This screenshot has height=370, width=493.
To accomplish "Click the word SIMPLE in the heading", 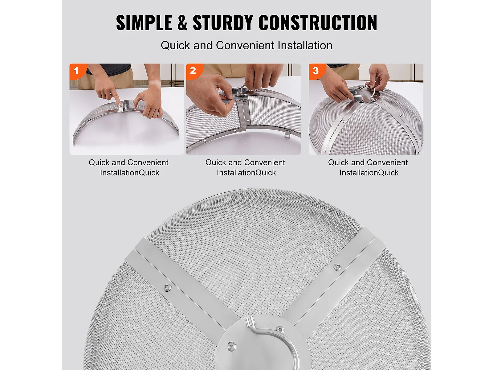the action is pyautogui.click(x=144, y=23).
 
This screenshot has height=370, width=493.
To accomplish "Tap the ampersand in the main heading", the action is pyautogui.click(x=182, y=23).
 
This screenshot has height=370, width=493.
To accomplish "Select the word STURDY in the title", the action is pyautogui.click(x=223, y=23).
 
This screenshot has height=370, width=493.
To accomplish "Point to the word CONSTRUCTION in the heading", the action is pyautogui.click(x=318, y=23).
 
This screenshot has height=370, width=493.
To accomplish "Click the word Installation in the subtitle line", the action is pyautogui.click(x=305, y=45).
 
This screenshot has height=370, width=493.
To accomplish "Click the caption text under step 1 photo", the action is pyautogui.click(x=129, y=167).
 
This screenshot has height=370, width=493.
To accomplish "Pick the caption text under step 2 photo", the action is pyautogui.click(x=245, y=167).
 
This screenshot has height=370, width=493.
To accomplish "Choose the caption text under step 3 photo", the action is pyautogui.click(x=368, y=167).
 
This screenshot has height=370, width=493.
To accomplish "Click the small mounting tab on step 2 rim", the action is pyautogui.click(x=287, y=134).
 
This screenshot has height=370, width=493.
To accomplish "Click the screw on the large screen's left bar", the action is pyautogui.click(x=167, y=287).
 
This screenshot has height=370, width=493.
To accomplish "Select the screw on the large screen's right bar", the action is pyautogui.click(x=337, y=267).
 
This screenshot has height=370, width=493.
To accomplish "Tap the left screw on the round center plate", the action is pyautogui.click(x=231, y=346).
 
